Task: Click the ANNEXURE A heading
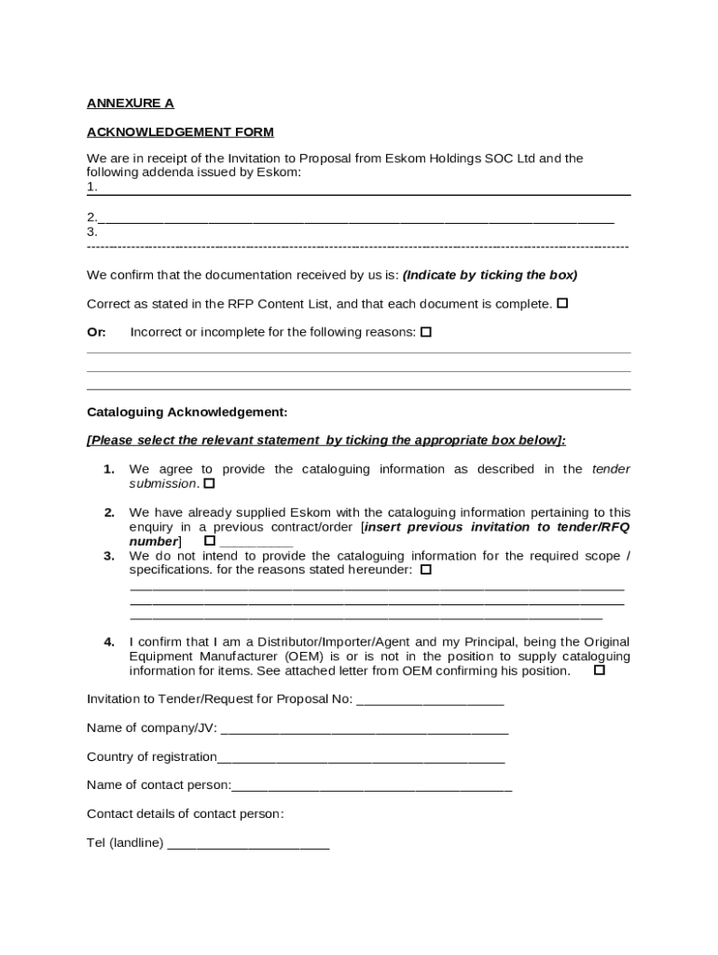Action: (x=131, y=104)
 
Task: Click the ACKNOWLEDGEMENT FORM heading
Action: (x=180, y=132)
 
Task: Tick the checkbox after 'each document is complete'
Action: (x=562, y=303)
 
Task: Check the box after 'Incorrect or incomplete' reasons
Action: (x=426, y=332)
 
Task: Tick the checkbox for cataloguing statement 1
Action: (x=209, y=483)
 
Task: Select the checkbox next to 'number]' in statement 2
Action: (x=209, y=541)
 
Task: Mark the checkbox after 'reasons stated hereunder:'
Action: (x=426, y=569)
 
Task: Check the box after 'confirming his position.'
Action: (x=600, y=670)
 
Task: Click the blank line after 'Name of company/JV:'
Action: (x=365, y=728)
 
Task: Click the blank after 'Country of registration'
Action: (x=361, y=757)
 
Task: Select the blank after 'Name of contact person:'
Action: (x=372, y=785)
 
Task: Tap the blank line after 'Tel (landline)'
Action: (x=248, y=843)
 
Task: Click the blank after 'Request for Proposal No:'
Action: (x=430, y=699)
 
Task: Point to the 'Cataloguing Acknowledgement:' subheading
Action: (x=187, y=411)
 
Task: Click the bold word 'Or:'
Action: (x=97, y=332)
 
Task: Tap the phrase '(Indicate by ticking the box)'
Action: (x=490, y=275)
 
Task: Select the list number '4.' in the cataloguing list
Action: (x=109, y=642)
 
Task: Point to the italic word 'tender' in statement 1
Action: (x=611, y=469)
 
